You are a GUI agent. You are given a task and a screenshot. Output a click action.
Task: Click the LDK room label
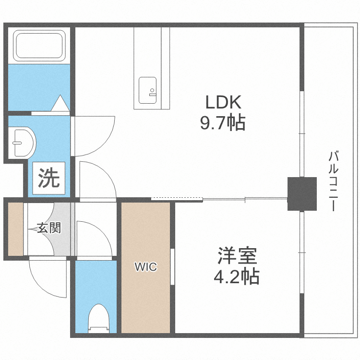click(x=223, y=102)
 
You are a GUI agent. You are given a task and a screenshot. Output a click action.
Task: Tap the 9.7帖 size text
click(x=223, y=123)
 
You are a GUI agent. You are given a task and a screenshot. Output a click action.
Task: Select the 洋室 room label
click(x=238, y=256)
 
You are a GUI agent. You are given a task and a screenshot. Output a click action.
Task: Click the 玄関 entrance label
click(x=49, y=228)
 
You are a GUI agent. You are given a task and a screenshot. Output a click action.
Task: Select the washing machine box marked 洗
click(x=49, y=179)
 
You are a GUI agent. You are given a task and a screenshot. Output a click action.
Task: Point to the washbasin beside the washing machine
click(x=22, y=142)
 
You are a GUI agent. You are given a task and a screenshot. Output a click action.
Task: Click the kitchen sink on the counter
click(x=147, y=90)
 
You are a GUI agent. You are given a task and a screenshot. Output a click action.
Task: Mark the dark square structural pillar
click(x=302, y=193)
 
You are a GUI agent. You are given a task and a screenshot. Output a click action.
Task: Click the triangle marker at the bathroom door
click(x=61, y=103)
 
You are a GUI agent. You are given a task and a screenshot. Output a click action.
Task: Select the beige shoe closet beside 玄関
click(x=15, y=229)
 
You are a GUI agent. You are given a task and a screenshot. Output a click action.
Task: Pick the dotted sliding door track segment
click(x=177, y=198)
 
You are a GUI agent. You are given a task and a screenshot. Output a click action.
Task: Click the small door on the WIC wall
click(x=172, y=267)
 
